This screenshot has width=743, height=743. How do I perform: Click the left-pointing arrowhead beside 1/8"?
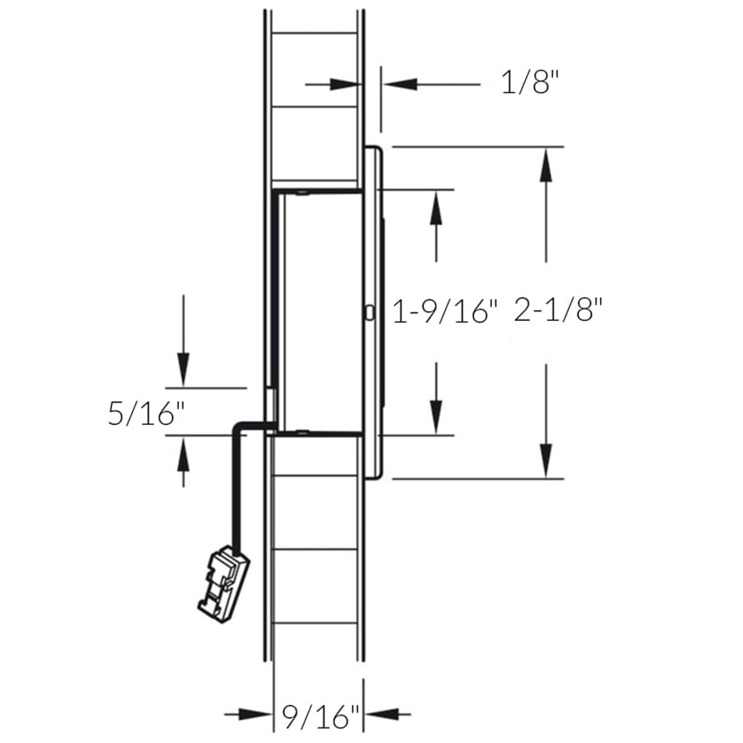pyautogui.click(x=401, y=85)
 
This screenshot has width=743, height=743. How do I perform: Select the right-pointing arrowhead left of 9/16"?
pyautogui.click(x=255, y=714)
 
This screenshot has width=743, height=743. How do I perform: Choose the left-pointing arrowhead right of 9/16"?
pyautogui.click(x=381, y=714)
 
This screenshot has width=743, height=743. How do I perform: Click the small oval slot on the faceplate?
pyautogui.click(x=370, y=312)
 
